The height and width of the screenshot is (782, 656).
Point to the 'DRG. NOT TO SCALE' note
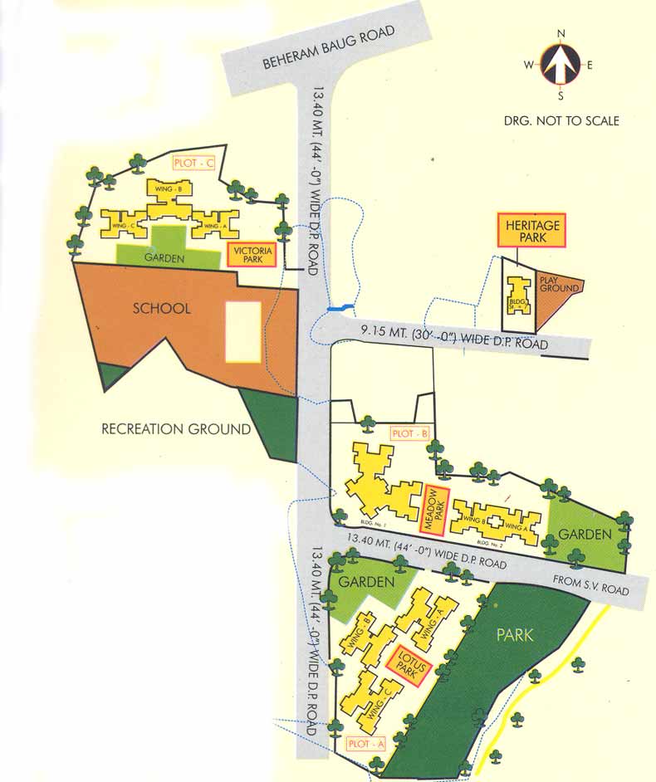click(561, 120)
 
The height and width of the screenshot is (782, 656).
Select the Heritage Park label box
click(531, 230)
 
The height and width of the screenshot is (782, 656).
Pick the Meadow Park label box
click(435, 511)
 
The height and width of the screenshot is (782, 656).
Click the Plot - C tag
click(193, 163)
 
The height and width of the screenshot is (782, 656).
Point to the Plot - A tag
click(365, 744)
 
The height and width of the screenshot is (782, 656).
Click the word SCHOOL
click(162, 308)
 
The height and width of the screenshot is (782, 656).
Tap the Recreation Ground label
click(176, 429)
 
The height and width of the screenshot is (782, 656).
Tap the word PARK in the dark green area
click(515, 636)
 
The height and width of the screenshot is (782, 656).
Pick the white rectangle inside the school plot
click(242, 332)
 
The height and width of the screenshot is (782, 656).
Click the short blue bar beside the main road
click(340, 308)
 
